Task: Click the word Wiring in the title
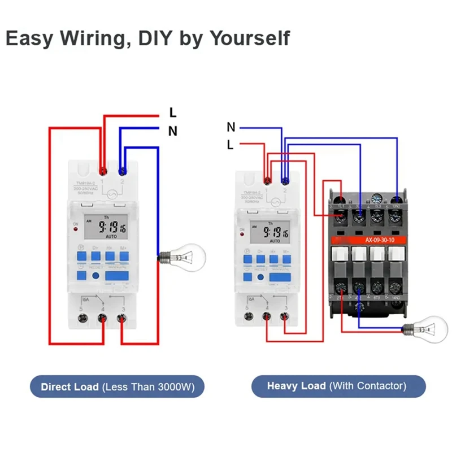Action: pyautogui.click(x=92, y=38)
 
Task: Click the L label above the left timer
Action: pyautogui.click(x=173, y=114)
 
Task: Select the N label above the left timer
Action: pyautogui.click(x=173, y=132)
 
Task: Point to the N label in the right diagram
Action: pyautogui.click(x=231, y=127)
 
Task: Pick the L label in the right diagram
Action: pyautogui.click(x=230, y=145)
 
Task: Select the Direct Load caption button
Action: pyautogui.click(x=116, y=387)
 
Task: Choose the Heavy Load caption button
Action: pyautogui.click(x=337, y=386)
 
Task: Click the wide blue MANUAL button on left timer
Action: pyautogui.click(x=117, y=276)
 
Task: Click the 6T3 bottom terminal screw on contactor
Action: pyautogui.click(x=377, y=287)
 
